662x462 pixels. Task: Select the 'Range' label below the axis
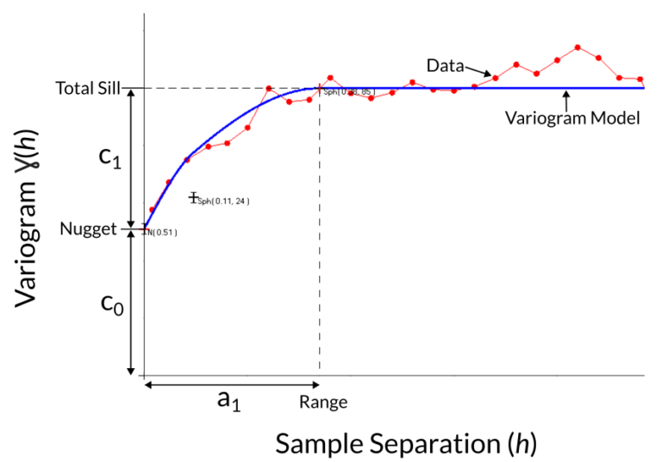323,402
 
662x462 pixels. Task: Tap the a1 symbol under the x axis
228,400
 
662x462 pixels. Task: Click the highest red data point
578,47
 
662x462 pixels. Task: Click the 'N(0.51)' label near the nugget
162,233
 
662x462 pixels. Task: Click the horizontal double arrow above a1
232,384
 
